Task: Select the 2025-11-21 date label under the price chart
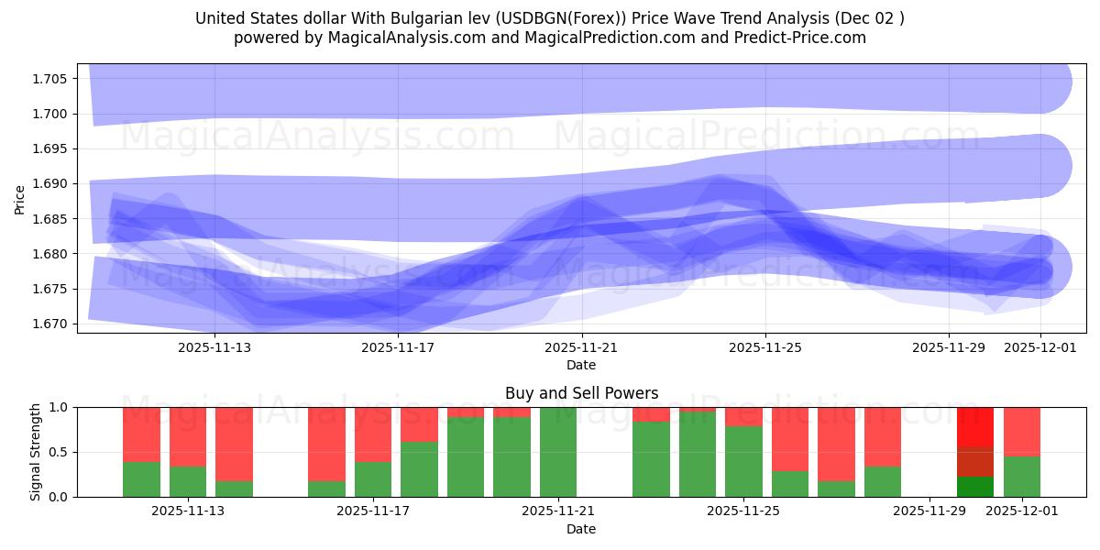click(x=581, y=347)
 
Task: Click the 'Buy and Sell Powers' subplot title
click(x=581, y=393)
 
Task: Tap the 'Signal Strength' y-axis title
click(x=36, y=452)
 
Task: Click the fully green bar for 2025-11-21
click(x=558, y=452)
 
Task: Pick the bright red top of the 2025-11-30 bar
click(x=975, y=426)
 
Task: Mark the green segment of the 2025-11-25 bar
click(x=743, y=461)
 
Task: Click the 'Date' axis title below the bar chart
click(x=581, y=529)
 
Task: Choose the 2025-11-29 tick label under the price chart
click(x=948, y=347)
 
